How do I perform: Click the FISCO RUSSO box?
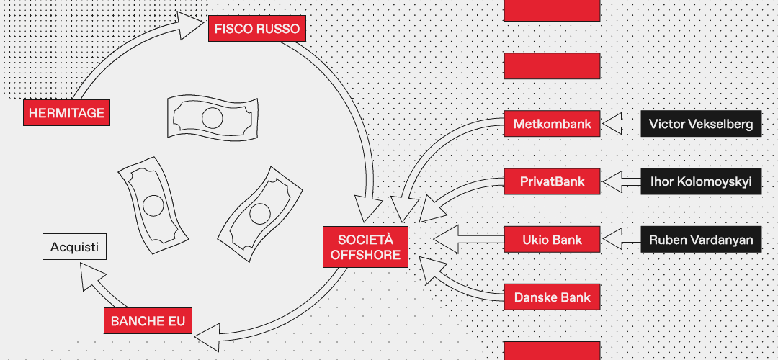pyautogui.click(x=257, y=30)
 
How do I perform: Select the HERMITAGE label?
pyautogui.click(x=67, y=113)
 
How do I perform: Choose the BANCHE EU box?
pyautogui.click(x=148, y=320)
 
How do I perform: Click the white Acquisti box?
pyautogui.click(x=74, y=248)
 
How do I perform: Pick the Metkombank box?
pyautogui.click(x=552, y=124)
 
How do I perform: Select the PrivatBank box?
pyautogui.click(x=552, y=181)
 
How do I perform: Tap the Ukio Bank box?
pyautogui.click(x=552, y=240)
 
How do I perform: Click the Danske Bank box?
pyautogui.click(x=552, y=297)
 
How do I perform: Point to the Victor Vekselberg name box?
pyautogui.click(x=700, y=124)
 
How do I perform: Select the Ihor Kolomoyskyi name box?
pyautogui.click(x=700, y=181)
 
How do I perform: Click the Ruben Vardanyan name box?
pyautogui.click(x=700, y=240)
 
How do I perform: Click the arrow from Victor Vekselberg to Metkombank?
pyautogui.click(x=620, y=124)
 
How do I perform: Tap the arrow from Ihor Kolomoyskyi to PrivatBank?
pyautogui.click(x=620, y=181)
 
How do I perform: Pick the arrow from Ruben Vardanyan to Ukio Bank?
pyautogui.click(x=620, y=240)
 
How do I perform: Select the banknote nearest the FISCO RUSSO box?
pyautogui.click(x=203, y=117)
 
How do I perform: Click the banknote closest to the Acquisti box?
pyautogui.click(x=153, y=206)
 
